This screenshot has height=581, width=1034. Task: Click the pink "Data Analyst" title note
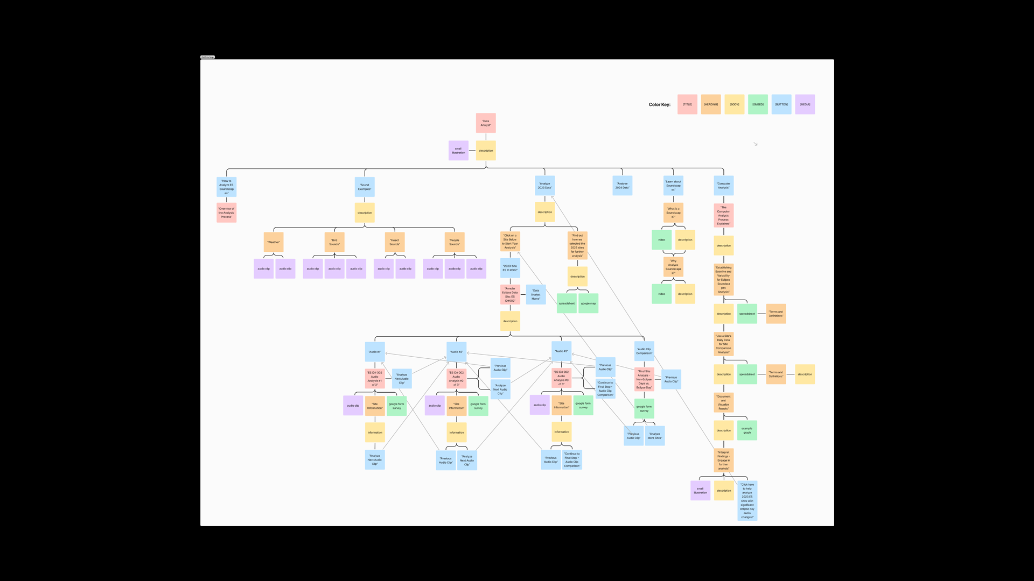485,123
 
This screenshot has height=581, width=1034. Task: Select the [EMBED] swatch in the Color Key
758,104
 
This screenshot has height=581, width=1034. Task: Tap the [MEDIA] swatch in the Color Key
805,104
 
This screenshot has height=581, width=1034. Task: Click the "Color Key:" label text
659,104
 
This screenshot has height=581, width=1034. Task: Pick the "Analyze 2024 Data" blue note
622,186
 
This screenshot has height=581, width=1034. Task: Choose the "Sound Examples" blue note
365,187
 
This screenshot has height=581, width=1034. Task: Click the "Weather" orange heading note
274,242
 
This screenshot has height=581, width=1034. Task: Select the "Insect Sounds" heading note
394,242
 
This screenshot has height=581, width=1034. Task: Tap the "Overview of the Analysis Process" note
226,212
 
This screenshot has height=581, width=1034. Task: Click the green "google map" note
588,303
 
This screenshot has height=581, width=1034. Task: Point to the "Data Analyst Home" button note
535,294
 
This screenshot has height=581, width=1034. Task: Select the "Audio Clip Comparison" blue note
644,351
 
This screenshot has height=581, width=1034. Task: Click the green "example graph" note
747,430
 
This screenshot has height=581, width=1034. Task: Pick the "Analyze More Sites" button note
654,436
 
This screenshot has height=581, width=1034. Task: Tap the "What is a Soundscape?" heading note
673,212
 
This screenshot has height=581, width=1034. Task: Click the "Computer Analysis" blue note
723,186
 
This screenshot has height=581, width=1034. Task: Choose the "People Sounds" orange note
455,242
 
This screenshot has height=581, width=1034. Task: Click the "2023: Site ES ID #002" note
510,268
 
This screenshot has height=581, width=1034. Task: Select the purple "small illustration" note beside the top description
458,151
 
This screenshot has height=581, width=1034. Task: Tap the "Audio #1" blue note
375,352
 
